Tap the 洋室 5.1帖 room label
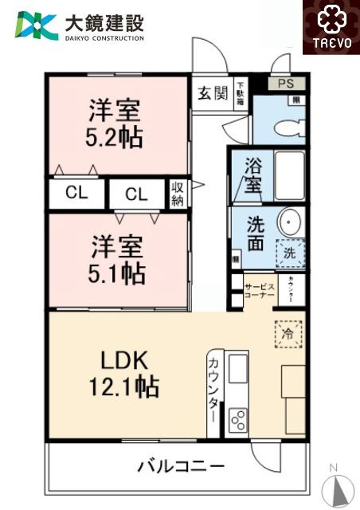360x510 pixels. (115, 260)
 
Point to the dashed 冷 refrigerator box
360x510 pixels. (288, 333)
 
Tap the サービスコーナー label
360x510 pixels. (259, 291)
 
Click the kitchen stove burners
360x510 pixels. (238, 418)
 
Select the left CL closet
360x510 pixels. (76, 192)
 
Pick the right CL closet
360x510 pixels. (135, 194)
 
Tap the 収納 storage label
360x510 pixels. (177, 194)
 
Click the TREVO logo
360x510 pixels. (329, 29)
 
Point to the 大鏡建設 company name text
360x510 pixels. (104, 22)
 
